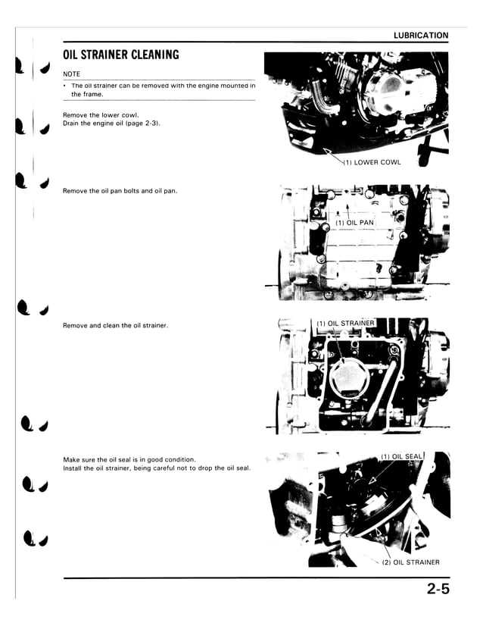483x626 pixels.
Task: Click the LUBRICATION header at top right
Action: coord(421,36)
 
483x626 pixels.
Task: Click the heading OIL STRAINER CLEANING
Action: coord(121,55)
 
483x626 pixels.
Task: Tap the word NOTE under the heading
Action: coord(71,74)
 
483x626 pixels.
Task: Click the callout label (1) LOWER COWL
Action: coord(372,162)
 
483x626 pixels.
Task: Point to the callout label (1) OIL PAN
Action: coord(355,223)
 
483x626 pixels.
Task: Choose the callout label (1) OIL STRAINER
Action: coord(345,324)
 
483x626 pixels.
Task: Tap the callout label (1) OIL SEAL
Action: coord(401,456)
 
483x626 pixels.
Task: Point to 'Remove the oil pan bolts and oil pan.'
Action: coord(120,190)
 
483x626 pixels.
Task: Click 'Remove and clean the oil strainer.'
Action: coord(115,325)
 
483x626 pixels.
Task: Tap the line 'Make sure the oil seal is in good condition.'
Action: coord(129,459)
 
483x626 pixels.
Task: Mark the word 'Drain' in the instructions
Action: coord(72,123)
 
